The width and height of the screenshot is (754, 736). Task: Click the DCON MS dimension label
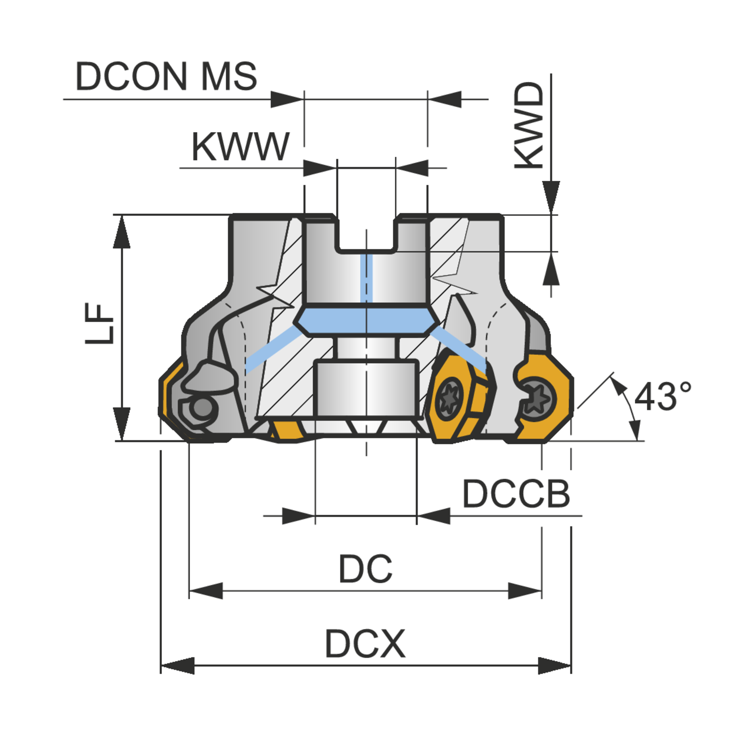click(x=166, y=76)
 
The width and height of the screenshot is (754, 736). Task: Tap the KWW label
click(x=240, y=147)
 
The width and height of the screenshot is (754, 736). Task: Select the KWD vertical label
click(x=529, y=126)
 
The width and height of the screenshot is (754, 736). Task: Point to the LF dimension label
click(x=100, y=324)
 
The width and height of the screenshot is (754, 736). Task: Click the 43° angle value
click(x=663, y=396)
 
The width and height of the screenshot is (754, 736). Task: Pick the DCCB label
click(x=516, y=494)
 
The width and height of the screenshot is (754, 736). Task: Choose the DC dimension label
click(x=365, y=569)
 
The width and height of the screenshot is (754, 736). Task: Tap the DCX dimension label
click(x=365, y=644)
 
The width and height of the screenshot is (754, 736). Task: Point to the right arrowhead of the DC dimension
click(x=525, y=591)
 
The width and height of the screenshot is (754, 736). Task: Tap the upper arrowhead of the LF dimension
click(x=121, y=232)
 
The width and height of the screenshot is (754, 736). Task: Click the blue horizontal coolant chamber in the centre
click(x=366, y=321)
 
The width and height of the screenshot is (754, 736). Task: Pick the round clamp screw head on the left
click(x=203, y=408)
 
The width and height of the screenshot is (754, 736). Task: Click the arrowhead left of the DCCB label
click(x=433, y=515)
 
